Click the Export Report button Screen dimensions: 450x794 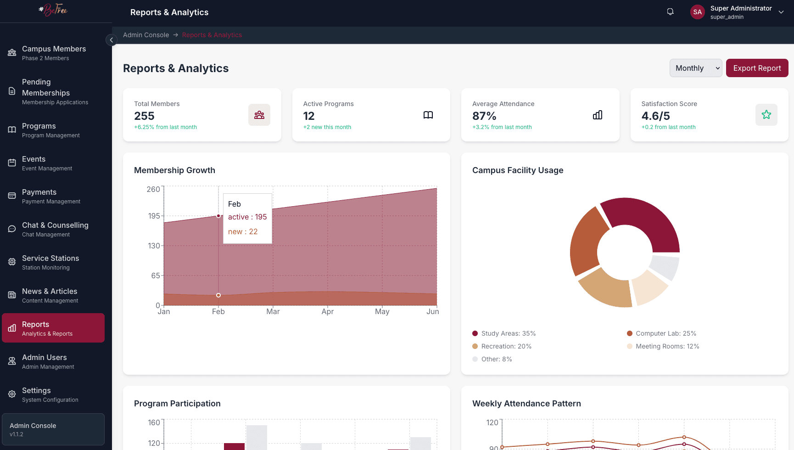point(757,68)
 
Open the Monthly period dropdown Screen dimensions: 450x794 point(695,68)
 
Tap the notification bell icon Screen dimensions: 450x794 point(670,12)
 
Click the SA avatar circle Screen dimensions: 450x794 point(697,12)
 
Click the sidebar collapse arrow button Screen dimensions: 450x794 point(111,40)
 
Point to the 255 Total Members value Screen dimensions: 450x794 point(144,116)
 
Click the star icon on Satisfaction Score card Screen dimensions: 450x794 point(766,115)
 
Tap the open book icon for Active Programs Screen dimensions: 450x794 point(428,115)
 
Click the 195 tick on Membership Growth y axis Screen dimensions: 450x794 point(154,216)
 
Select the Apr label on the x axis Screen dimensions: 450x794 point(327,311)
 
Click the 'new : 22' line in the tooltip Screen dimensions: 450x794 point(243,231)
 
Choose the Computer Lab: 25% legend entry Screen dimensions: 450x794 point(665,333)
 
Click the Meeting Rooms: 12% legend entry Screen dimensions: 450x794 point(667,346)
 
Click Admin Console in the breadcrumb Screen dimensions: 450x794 point(146,35)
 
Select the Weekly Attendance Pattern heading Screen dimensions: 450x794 point(526,404)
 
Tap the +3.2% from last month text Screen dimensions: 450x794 point(502,127)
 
